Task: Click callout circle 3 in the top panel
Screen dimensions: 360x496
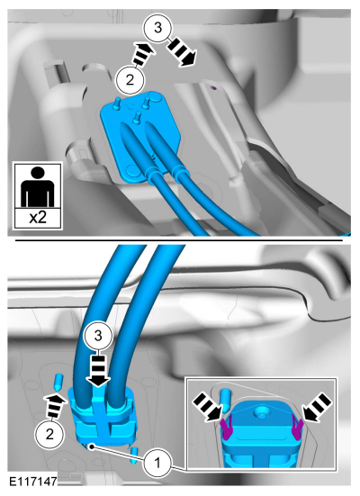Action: point(157,28)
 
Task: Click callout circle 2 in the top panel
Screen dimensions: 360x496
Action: point(130,80)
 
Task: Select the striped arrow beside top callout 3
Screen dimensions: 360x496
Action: point(182,52)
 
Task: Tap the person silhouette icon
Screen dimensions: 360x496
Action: point(38,187)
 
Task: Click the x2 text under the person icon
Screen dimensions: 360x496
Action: point(38,218)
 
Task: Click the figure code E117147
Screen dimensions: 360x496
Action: point(33,482)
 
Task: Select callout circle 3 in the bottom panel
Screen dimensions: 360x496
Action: point(98,336)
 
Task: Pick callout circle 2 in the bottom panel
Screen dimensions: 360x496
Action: point(49,434)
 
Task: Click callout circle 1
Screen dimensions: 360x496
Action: point(157,464)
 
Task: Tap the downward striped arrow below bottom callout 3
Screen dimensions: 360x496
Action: point(98,371)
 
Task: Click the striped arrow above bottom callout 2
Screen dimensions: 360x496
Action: point(55,405)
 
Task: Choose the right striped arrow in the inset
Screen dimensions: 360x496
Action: point(317,407)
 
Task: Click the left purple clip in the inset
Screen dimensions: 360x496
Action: point(228,428)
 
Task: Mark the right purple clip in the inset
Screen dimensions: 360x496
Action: point(297,428)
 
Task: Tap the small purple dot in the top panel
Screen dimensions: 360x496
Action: point(213,87)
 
